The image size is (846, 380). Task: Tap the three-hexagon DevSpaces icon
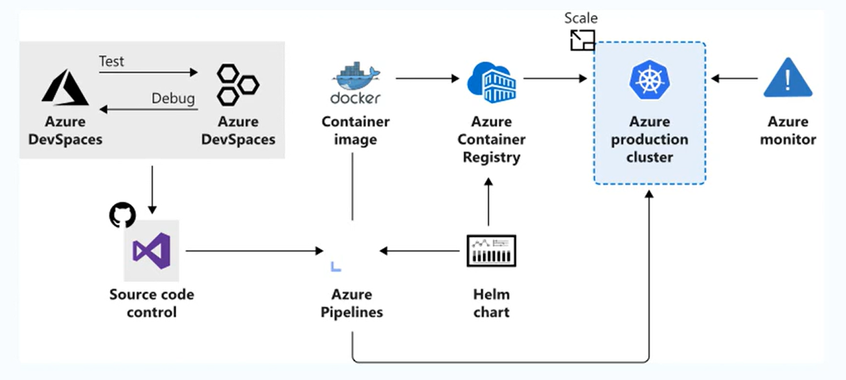(x=237, y=84)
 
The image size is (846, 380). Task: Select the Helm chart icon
(x=491, y=251)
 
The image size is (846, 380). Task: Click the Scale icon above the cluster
(x=582, y=39)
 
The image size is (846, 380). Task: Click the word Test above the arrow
(x=111, y=61)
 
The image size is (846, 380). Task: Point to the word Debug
(x=173, y=98)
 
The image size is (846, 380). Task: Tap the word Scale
(x=580, y=18)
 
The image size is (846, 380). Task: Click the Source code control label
(x=152, y=303)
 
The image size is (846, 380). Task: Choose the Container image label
(x=356, y=130)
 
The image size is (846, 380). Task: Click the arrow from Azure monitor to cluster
(x=735, y=79)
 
